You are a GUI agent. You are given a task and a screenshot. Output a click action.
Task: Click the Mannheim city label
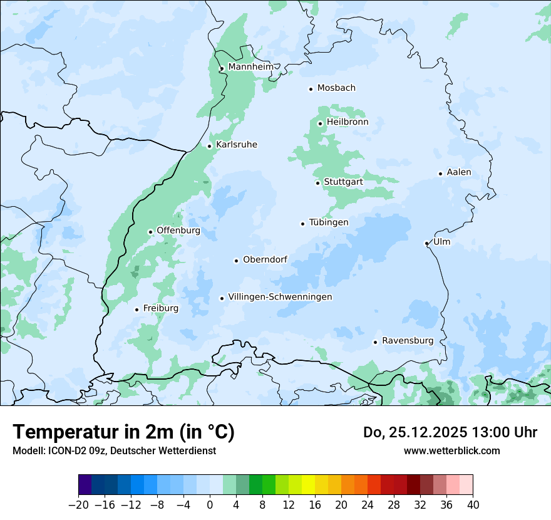click(250, 67)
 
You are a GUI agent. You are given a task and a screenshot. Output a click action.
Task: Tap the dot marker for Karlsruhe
click(210, 146)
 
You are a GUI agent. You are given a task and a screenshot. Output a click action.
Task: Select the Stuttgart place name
click(343, 182)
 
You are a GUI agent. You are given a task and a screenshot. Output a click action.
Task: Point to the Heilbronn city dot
click(320, 123)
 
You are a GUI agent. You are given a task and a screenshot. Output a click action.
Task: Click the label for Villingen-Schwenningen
click(280, 297)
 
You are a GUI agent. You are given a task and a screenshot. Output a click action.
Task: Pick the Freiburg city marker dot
click(136, 309)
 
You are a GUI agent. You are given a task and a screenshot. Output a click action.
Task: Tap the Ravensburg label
click(408, 341)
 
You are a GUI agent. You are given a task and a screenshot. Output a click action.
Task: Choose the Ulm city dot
click(426, 243)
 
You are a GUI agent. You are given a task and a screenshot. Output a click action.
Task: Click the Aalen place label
click(459, 172)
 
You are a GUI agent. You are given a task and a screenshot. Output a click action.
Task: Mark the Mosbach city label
click(336, 88)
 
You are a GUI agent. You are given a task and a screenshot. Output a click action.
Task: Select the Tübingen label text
click(329, 222)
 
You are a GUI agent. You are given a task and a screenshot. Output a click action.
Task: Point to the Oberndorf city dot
click(236, 261)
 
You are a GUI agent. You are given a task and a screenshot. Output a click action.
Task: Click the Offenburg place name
click(178, 231)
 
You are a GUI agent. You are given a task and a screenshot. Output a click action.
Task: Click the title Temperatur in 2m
click(123, 432)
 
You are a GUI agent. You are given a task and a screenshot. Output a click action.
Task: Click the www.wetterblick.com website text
click(451, 450)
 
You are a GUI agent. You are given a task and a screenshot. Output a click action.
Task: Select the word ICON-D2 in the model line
click(66, 450)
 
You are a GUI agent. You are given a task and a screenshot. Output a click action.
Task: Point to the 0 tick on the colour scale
click(210, 505)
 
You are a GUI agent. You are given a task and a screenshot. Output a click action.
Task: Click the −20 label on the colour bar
click(78, 505)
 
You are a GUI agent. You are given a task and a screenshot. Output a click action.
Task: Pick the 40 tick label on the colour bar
click(473, 505)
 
